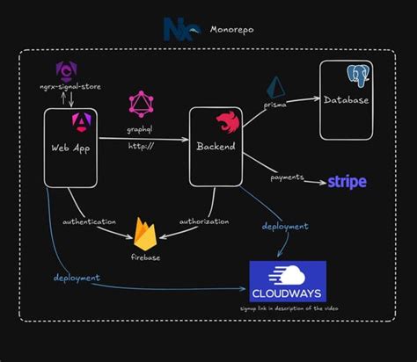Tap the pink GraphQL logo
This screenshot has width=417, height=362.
(x=141, y=105)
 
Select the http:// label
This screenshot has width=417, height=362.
(x=142, y=145)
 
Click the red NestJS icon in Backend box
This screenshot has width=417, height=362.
(x=226, y=121)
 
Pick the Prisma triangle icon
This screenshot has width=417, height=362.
(x=279, y=89)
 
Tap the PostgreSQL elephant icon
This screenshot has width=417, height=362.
(x=357, y=76)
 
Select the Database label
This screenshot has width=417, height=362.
(x=346, y=99)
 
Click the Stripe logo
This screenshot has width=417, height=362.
(x=347, y=182)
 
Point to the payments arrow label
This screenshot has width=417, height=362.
(x=287, y=177)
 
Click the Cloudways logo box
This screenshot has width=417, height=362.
(x=287, y=282)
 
